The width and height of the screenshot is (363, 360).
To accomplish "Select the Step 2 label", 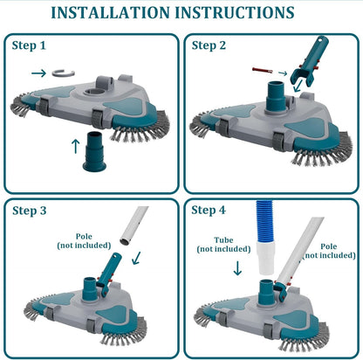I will click(209, 45).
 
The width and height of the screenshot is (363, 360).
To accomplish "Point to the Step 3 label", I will click(31, 210).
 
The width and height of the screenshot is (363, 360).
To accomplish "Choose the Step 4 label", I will click(209, 210).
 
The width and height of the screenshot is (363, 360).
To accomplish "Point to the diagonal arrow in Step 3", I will click(133, 259).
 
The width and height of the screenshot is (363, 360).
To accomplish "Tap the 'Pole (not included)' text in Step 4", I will click(328, 251).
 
